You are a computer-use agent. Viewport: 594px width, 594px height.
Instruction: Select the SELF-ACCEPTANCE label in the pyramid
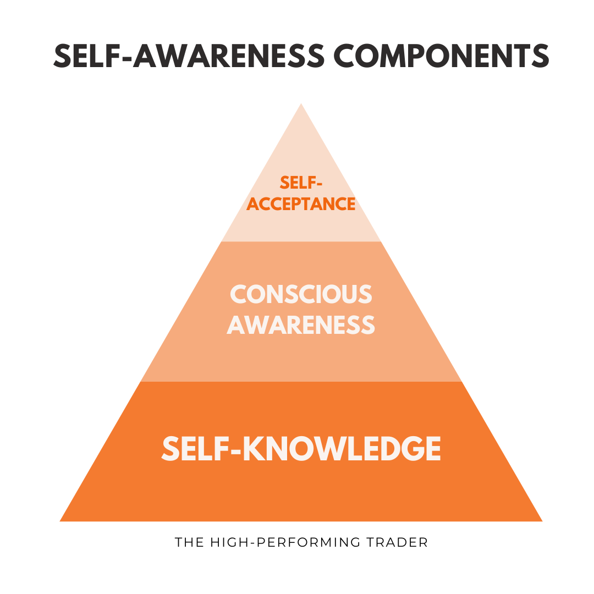(x=301, y=193)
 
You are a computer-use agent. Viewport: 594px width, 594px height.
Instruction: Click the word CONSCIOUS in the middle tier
(x=301, y=294)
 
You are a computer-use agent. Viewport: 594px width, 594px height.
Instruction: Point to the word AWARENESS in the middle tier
(x=301, y=325)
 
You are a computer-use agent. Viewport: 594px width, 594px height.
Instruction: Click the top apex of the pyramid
(x=301, y=104)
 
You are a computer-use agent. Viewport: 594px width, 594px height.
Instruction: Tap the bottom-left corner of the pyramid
(x=61, y=520)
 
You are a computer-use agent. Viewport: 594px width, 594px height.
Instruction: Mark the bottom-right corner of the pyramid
(x=542, y=520)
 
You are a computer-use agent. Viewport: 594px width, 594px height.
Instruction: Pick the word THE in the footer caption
(x=188, y=542)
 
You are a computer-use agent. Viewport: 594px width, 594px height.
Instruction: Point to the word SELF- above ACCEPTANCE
(x=301, y=182)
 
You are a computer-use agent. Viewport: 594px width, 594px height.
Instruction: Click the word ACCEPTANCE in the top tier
(x=301, y=204)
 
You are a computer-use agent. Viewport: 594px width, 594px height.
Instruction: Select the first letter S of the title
(x=62, y=56)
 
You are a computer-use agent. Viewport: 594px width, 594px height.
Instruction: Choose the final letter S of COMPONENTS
(x=540, y=56)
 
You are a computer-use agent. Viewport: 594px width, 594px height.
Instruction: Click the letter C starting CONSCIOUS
(x=238, y=294)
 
